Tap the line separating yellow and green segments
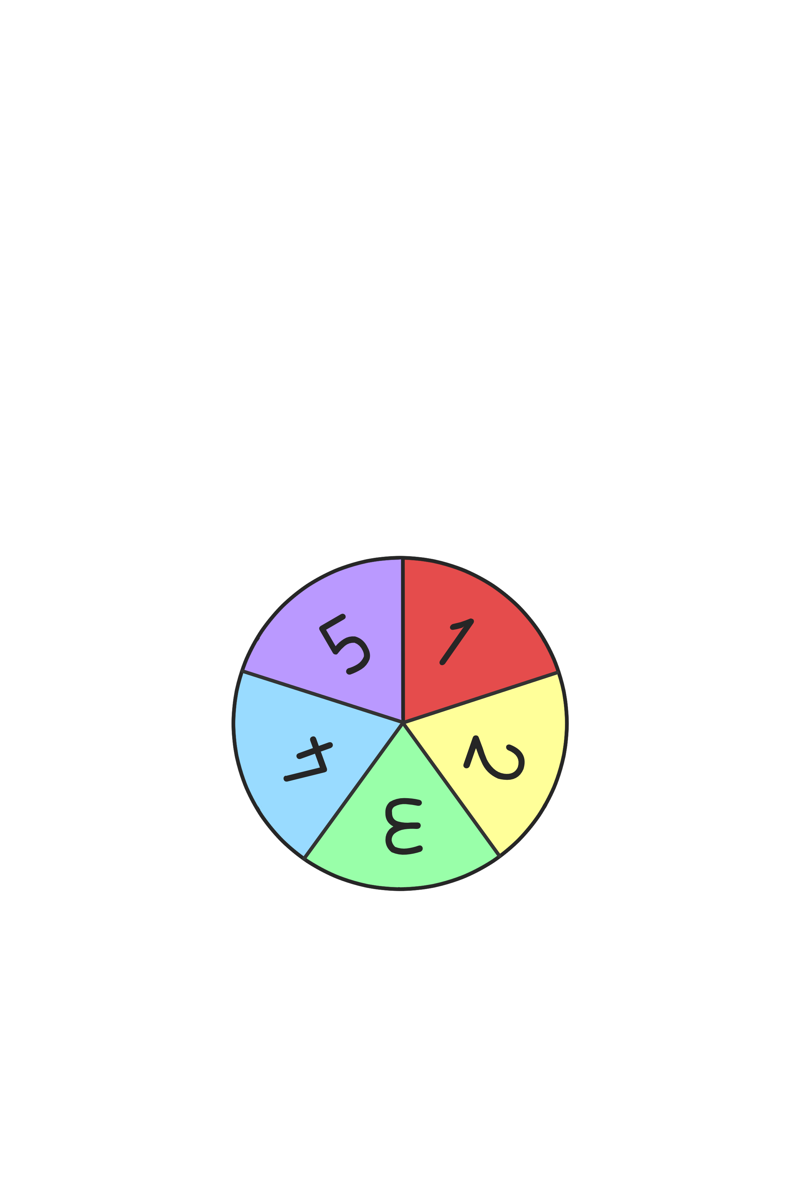[x=451, y=789]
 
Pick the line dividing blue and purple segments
[x=322, y=696]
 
